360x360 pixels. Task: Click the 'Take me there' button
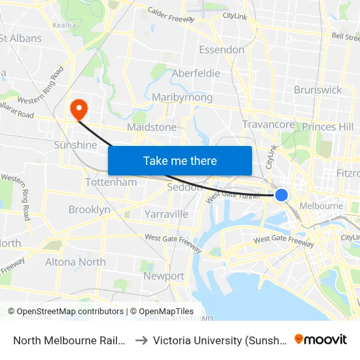179,160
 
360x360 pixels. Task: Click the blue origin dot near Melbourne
281,195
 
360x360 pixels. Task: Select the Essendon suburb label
221,50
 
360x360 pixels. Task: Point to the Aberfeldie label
196,73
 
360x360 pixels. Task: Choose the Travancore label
268,124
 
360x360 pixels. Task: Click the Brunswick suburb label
318,90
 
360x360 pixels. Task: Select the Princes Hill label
328,126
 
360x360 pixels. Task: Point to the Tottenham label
111,182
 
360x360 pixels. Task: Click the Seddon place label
179,187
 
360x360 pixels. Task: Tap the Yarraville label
166,214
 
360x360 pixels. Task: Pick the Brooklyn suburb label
89,210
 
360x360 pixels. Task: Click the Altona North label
75,262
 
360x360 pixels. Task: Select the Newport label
164,276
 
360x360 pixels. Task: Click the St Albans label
20,38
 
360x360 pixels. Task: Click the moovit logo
321,339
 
